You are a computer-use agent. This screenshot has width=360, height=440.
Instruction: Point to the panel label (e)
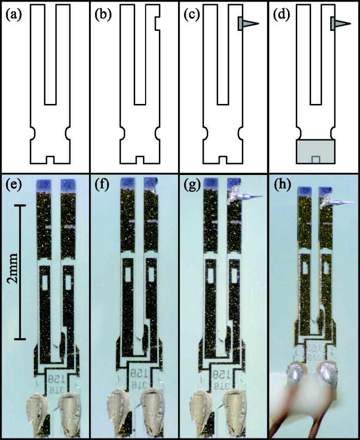coord(12,184)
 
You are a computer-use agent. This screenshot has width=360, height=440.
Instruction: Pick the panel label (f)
coord(102,184)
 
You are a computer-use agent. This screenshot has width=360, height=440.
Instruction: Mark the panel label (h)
coord(280,184)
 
